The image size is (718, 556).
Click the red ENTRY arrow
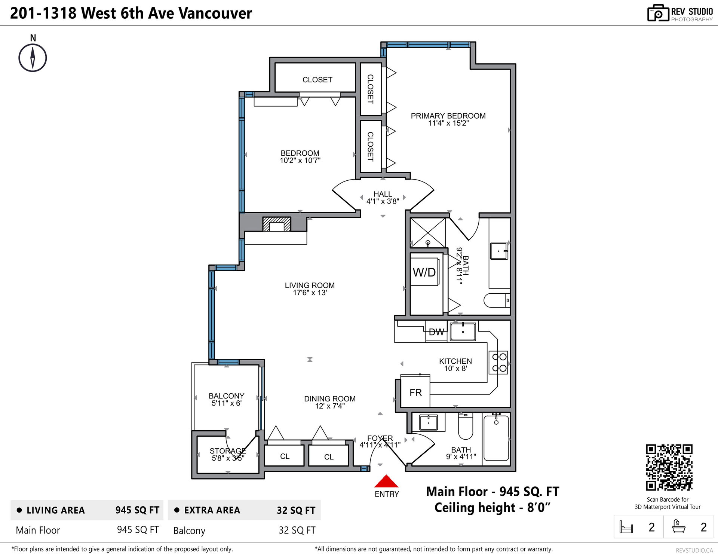386,481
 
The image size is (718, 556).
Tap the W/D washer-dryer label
424,272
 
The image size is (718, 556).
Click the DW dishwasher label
436,332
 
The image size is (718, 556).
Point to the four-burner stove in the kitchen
499,363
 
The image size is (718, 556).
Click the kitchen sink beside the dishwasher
463,332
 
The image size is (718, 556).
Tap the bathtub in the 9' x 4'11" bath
496,438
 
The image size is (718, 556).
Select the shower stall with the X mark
428,233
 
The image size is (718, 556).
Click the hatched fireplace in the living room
277,224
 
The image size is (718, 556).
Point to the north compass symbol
33,58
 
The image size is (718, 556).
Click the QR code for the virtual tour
669,467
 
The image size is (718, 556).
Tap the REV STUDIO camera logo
658,13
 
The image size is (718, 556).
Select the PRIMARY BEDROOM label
448,116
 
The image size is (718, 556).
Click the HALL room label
383,194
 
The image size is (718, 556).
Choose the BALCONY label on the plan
226,396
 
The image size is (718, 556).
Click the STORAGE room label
228,451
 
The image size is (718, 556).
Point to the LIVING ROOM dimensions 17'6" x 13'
310,293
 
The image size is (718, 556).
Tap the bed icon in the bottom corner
626,527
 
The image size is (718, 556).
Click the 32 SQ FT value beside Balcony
297,531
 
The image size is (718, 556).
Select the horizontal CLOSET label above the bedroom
317,80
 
